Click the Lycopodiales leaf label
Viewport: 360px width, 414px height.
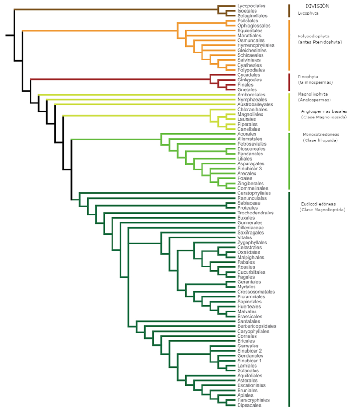point(251,6)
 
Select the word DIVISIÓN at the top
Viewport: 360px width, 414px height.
point(317,6)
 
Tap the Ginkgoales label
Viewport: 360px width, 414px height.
point(249,80)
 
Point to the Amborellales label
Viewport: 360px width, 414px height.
point(251,95)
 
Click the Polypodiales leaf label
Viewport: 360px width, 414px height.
point(251,70)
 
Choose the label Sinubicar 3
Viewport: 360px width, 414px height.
point(249,169)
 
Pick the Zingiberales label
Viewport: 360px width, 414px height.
point(250,184)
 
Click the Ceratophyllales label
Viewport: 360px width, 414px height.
point(254,193)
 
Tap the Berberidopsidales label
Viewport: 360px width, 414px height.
point(256,326)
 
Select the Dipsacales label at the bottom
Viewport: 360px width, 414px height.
point(249,405)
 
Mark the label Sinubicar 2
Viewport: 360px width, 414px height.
point(249,351)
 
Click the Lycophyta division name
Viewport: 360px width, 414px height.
point(308,13)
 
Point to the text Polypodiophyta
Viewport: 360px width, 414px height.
point(313,36)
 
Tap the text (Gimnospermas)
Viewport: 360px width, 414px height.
point(315,82)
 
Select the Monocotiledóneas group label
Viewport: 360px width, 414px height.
point(321,135)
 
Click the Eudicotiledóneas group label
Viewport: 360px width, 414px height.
point(318,204)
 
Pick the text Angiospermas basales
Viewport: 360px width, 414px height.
point(324,111)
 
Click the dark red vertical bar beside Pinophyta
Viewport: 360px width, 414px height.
point(289,82)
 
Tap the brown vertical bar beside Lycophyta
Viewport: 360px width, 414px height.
point(289,11)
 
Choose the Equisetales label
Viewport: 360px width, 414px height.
point(250,30)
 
